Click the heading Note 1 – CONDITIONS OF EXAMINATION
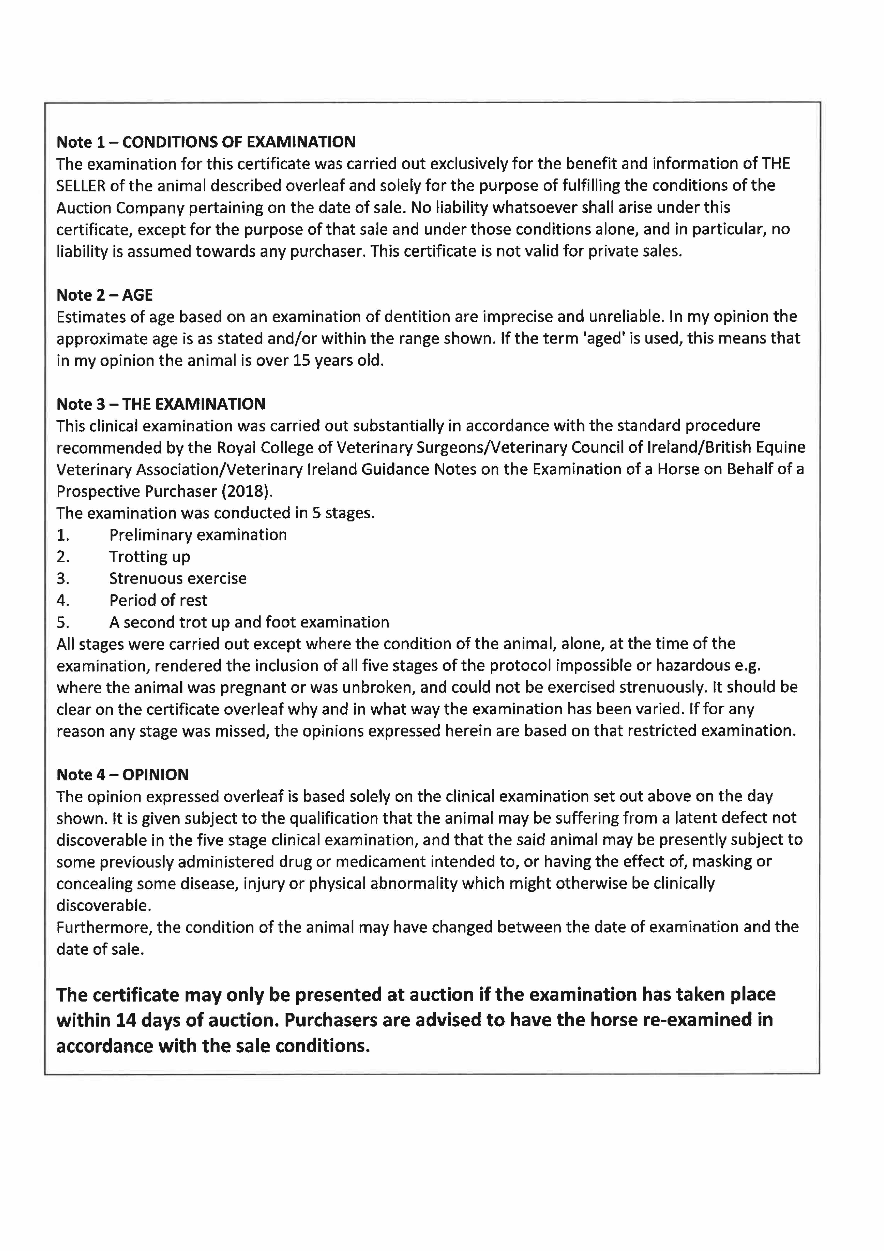coord(206,142)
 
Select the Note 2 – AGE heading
coord(105,295)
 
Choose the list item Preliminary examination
coord(198,535)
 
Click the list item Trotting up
coord(149,557)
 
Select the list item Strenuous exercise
coord(178,579)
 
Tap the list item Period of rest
coord(158,600)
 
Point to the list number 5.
coord(63,622)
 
